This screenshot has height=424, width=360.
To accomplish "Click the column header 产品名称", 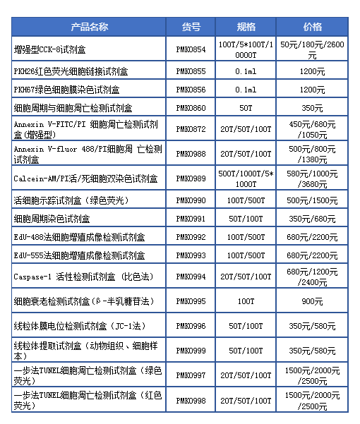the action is (x=89, y=27).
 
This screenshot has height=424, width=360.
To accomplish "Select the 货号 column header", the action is (x=191, y=27).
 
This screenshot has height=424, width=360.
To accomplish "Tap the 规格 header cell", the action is (x=246, y=27).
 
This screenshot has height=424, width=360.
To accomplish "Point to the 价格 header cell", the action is (x=313, y=27).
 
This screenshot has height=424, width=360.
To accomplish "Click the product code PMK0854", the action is (x=191, y=49).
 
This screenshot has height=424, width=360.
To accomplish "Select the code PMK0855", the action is (x=191, y=72).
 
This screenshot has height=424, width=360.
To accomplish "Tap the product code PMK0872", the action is (x=191, y=130).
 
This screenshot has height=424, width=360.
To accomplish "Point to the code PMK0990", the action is (x=191, y=201).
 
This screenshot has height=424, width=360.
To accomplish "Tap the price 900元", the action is (x=313, y=301).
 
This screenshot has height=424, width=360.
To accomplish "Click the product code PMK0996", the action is (x=191, y=326).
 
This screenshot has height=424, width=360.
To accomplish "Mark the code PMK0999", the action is (x=191, y=351).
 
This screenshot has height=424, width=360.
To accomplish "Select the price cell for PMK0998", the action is (x=313, y=400).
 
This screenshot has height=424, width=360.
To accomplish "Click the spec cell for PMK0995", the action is (x=246, y=301).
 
